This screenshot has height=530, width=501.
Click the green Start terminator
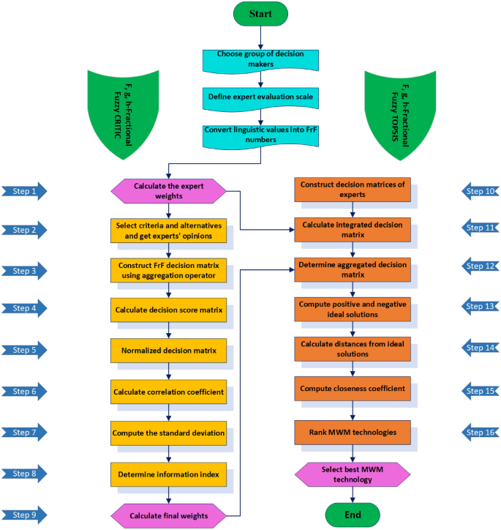coord(260,13)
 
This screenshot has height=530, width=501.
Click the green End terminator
coord(353,515)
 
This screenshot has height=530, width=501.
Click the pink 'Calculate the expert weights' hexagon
coord(168,190)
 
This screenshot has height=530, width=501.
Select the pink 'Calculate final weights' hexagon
coord(168,515)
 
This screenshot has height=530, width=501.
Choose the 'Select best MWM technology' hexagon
coord(353,474)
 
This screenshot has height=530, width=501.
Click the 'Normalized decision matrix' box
coord(168,350)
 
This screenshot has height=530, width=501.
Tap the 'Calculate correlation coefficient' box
coord(168,391)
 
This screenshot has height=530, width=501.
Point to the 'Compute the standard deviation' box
coord(168,432)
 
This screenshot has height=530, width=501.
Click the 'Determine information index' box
coord(168,473)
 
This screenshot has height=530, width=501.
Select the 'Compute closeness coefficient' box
coord(352,388)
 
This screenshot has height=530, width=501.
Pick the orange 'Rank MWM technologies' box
coord(352,432)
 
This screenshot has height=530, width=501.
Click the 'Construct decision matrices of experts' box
coord(352,189)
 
